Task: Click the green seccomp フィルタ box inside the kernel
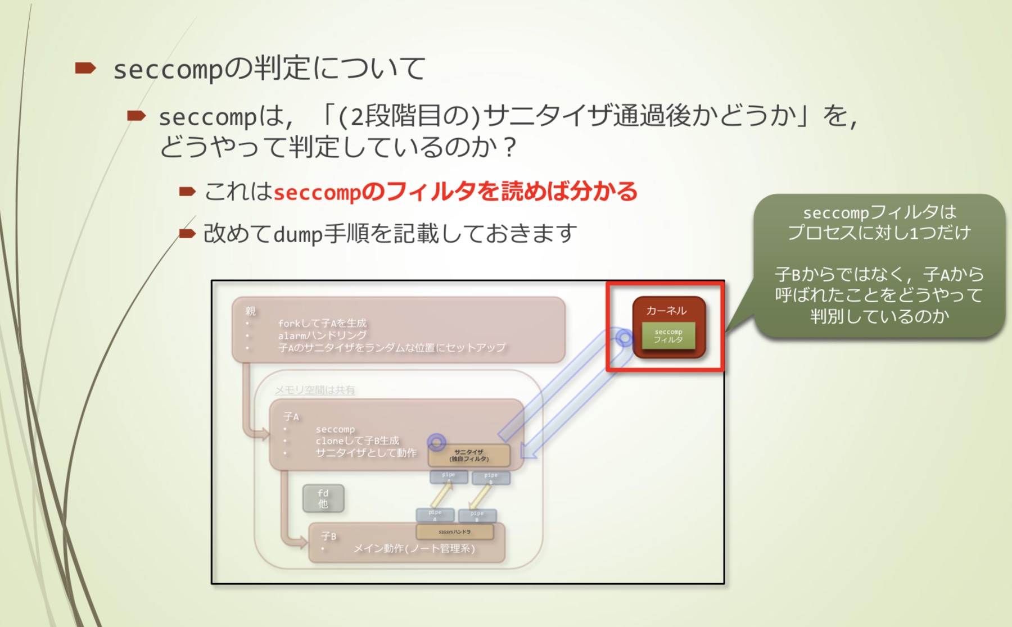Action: [668, 336]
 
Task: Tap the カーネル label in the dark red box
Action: [666, 310]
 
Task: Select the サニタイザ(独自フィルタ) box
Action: [469, 456]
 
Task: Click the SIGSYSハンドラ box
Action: [455, 531]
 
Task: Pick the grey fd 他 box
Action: [323, 498]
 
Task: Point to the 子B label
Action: [329, 536]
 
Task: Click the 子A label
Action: [291, 416]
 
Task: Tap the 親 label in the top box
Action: [250, 311]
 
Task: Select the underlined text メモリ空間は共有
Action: [314, 389]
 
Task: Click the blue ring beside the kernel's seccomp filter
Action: [624, 338]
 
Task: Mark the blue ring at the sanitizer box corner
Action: [436, 442]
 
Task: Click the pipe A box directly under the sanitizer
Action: [449, 477]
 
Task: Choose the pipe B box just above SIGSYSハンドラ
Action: [477, 515]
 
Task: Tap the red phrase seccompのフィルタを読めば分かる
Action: [455, 192]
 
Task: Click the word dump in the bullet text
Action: [297, 234]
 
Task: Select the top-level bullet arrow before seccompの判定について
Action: [86, 69]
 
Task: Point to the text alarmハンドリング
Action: [322, 335]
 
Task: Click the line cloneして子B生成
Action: [357, 440]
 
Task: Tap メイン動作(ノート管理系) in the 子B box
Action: [414, 548]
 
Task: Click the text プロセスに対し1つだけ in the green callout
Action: [879, 232]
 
